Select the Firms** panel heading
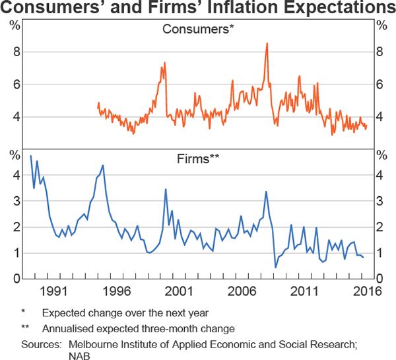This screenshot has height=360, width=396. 198,159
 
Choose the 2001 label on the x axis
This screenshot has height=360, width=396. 180,291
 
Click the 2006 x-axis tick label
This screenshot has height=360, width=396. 242,291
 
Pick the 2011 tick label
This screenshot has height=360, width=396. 305,291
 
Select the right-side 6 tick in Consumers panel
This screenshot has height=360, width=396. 380,85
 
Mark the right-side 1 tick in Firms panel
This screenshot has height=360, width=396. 380,253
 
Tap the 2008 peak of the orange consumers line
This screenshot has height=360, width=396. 267,44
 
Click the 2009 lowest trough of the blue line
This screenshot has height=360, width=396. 275,268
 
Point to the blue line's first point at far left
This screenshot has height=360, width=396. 31,156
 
